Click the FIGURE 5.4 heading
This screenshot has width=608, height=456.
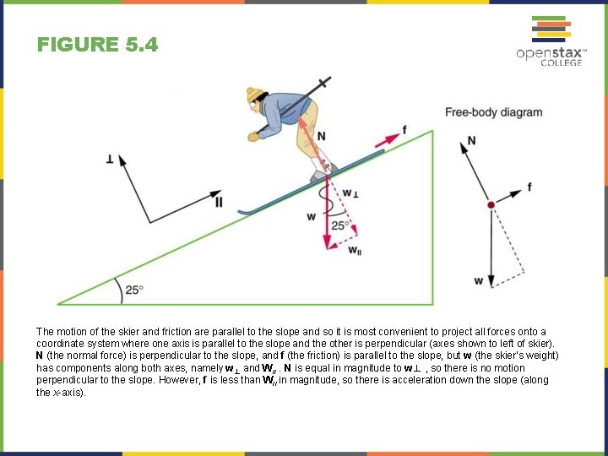[x=97, y=45]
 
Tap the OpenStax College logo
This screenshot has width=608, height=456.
[x=551, y=41]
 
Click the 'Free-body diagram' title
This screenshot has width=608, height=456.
[x=494, y=112]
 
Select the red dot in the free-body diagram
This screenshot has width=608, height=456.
[x=491, y=205]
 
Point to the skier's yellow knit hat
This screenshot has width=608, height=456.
[x=255, y=96]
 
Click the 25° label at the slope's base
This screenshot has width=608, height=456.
[x=134, y=290]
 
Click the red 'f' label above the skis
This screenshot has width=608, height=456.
[x=404, y=129]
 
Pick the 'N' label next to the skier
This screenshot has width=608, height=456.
[x=322, y=136]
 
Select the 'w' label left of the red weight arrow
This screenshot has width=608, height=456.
[x=312, y=217]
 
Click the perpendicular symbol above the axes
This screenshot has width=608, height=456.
[x=110, y=159]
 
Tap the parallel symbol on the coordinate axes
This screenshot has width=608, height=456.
[x=219, y=201]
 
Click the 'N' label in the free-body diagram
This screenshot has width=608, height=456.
[x=470, y=140]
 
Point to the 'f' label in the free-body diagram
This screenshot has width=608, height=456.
[x=529, y=187]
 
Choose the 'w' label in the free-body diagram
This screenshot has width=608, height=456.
[x=479, y=281]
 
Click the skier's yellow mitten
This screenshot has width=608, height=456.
[x=254, y=135]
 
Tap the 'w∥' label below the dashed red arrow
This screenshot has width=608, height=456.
[x=355, y=251]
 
